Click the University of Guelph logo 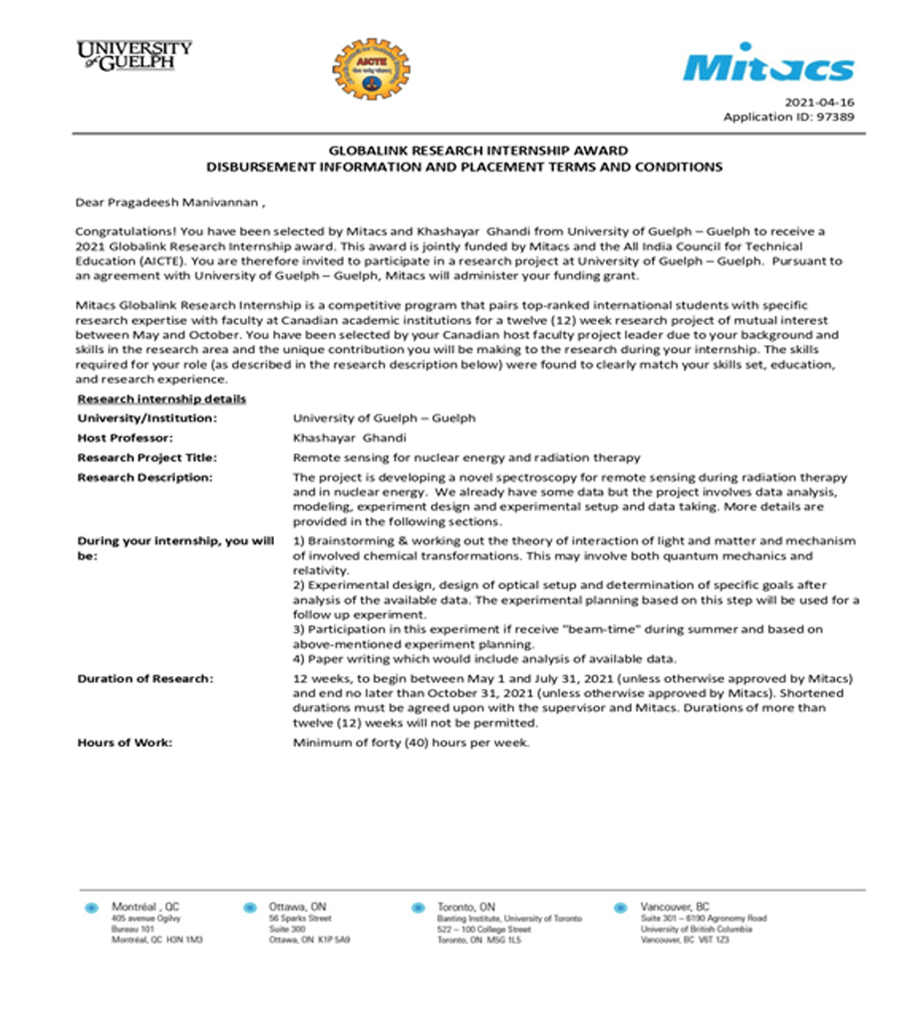coord(134,55)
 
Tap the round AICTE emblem coord(371,70)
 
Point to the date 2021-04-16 coord(819,102)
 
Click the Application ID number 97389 coord(835,117)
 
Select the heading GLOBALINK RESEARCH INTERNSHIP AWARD coord(464,151)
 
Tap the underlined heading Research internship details coord(161,399)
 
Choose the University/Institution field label coord(147,418)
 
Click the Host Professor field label coord(126,438)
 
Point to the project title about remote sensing coord(465,458)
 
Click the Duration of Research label coord(145,679)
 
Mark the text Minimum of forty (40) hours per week coord(412,743)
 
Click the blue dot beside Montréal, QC coord(93,908)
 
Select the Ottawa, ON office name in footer coord(298,906)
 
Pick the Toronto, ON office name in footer coord(465,906)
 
